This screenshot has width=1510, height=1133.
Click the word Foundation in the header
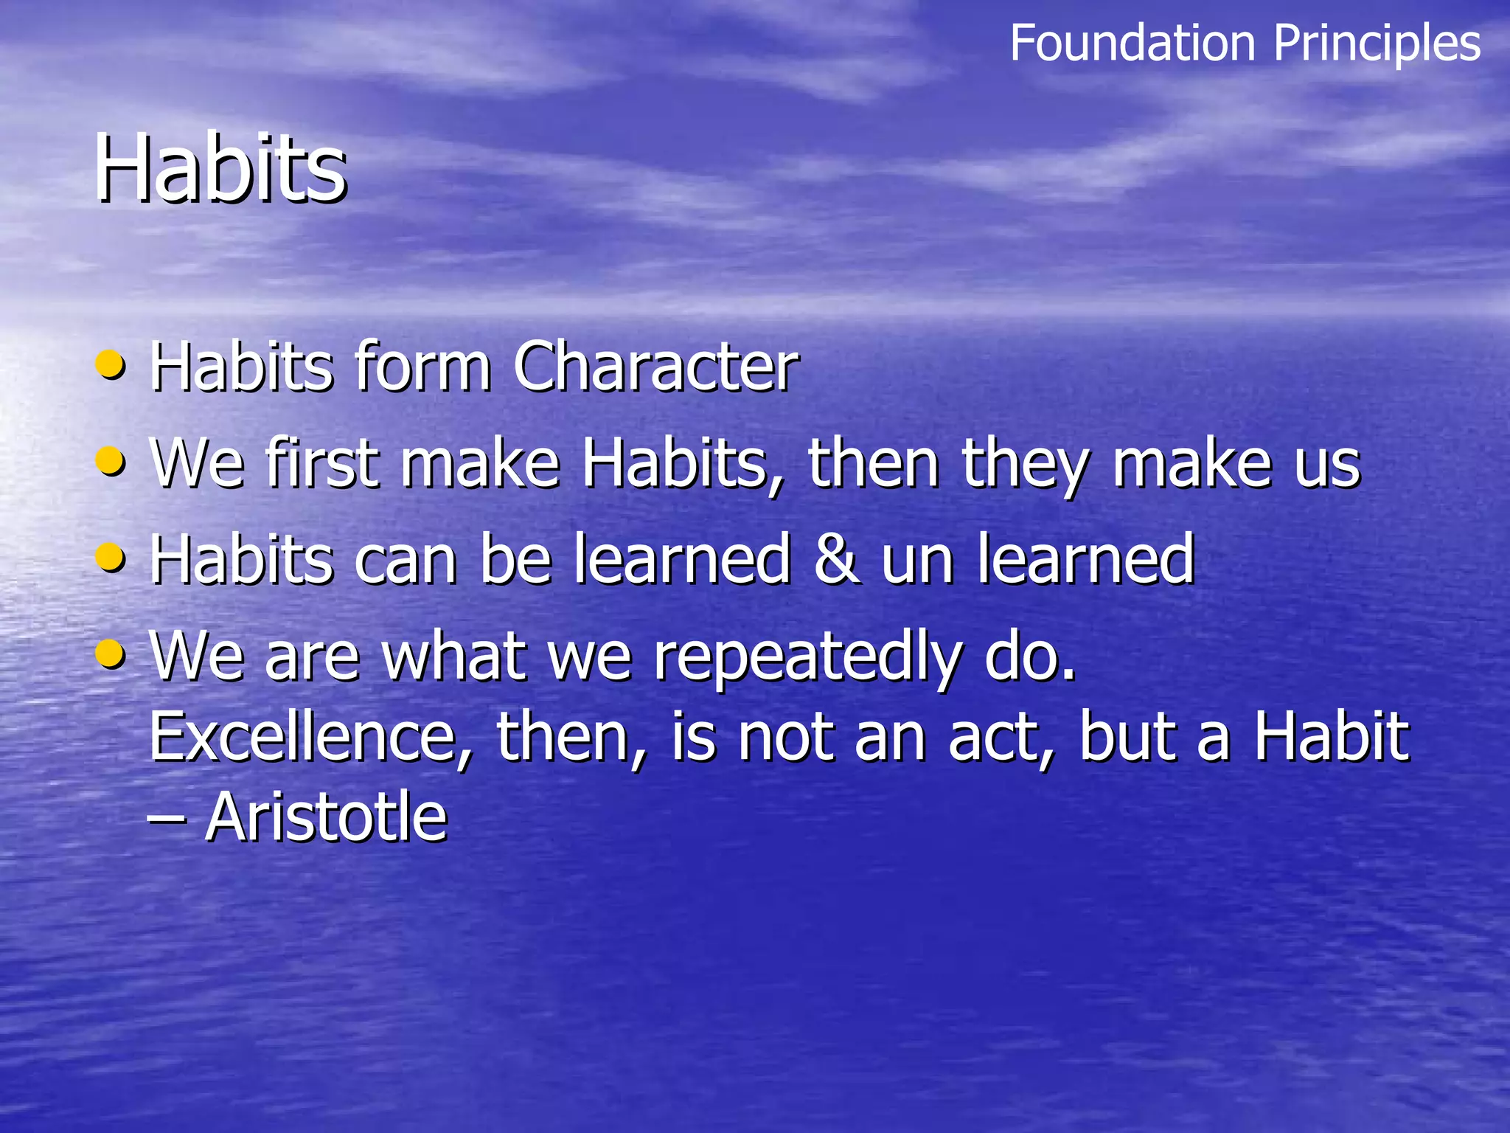(1132, 43)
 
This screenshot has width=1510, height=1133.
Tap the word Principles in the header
(1377, 43)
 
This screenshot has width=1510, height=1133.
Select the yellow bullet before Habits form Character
(111, 364)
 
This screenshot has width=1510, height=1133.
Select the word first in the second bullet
(322, 462)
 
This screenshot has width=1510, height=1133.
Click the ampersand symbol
(836, 559)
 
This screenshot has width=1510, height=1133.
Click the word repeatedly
(808, 656)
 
